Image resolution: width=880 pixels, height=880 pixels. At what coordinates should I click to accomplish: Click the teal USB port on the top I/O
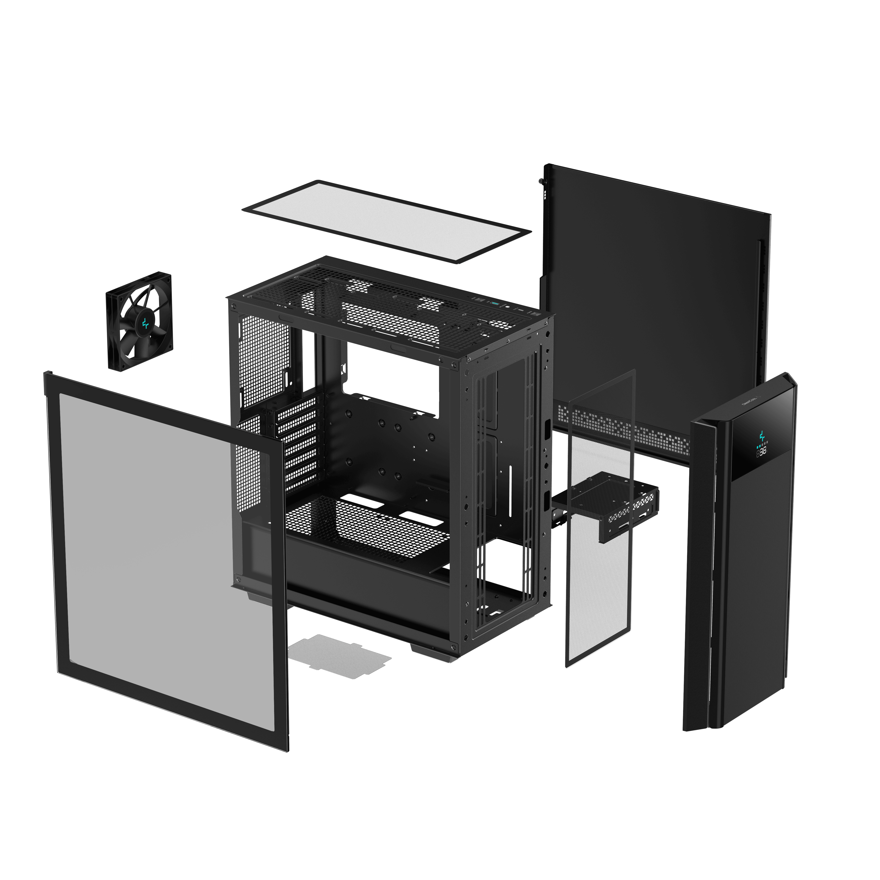495,303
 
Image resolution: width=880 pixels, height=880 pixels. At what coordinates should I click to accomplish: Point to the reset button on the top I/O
480,300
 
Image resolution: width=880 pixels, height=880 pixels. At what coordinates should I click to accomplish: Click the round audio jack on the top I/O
508,307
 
